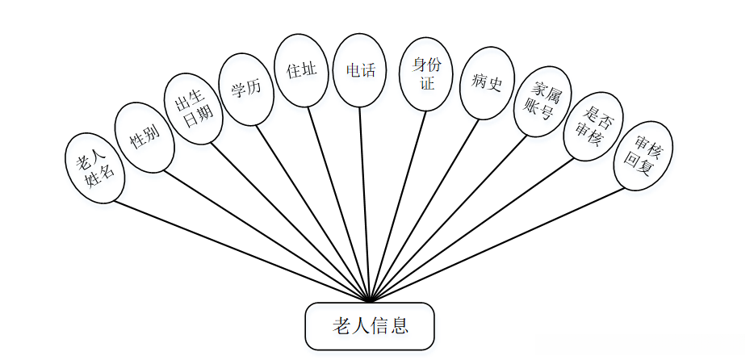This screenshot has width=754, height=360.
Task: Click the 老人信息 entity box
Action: coord(370,327)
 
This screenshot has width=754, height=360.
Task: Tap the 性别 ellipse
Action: coord(145,137)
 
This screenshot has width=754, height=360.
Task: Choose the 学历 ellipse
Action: coord(246,89)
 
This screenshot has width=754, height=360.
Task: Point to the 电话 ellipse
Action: coord(360,69)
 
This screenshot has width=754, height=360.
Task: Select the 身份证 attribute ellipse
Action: coord(426,73)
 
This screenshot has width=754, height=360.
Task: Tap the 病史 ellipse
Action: coord(487,82)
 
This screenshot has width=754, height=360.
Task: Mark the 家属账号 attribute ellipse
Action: coord(540,103)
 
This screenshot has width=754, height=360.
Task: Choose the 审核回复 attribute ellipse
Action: coord(643,155)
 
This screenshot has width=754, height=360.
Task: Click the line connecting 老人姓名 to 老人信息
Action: coord(242,249)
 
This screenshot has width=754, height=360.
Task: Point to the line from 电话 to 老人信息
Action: coord(365,202)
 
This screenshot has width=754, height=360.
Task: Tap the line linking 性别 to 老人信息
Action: coord(266,235)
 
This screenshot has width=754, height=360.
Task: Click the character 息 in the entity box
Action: coord(399,326)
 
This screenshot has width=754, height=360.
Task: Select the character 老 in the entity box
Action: coord(341,326)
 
